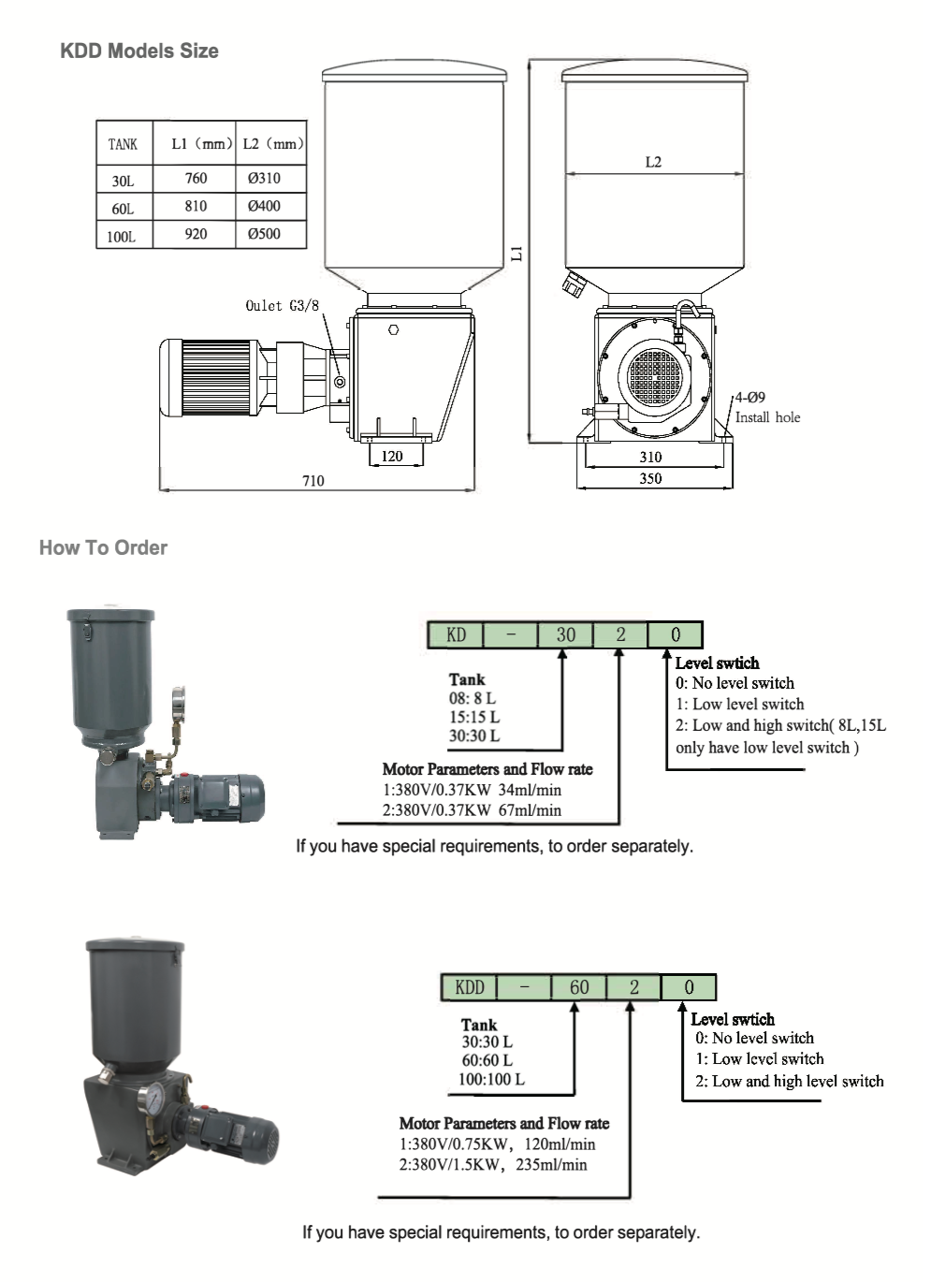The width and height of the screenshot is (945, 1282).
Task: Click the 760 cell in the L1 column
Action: pyautogui.click(x=196, y=179)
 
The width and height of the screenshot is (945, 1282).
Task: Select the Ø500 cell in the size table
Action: pyautogui.click(x=264, y=234)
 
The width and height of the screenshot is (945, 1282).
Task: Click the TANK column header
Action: pyautogui.click(x=124, y=144)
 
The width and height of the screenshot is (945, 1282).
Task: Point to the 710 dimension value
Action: pyautogui.click(x=313, y=481)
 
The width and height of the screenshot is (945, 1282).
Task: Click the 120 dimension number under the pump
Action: pyautogui.click(x=392, y=456)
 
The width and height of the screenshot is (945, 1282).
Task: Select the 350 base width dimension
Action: pyautogui.click(x=651, y=478)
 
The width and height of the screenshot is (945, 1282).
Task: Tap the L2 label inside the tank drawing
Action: pyautogui.click(x=653, y=162)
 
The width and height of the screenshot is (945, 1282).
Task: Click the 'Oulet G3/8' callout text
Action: pyautogui.click(x=283, y=306)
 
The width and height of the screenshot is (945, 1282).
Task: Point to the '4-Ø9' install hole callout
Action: pyautogui.click(x=749, y=397)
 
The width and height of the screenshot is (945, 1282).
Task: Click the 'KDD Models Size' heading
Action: pyautogui.click(x=139, y=51)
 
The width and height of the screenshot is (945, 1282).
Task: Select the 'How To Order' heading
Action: pyautogui.click(x=103, y=547)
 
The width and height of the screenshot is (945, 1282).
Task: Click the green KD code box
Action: pyautogui.click(x=456, y=634)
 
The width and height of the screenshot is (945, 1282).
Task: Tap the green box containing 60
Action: pyautogui.click(x=578, y=987)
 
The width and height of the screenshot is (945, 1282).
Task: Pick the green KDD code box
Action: pyautogui.click(x=470, y=987)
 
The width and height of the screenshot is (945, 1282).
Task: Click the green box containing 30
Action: pyautogui.click(x=565, y=634)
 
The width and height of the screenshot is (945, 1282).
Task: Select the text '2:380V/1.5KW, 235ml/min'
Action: pyautogui.click(x=493, y=1165)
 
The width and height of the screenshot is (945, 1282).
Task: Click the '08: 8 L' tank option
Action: pyautogui.click(x=472, y=698)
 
